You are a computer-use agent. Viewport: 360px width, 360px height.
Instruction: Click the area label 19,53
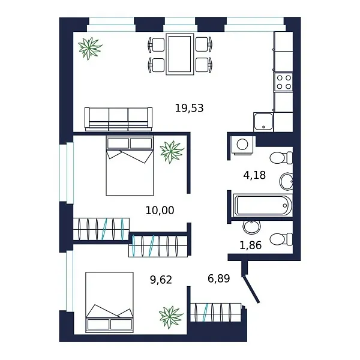189,109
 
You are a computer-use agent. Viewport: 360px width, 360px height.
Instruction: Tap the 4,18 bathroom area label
254,175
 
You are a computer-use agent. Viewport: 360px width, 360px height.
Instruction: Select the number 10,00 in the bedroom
160,211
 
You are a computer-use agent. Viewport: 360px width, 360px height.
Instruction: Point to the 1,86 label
251,245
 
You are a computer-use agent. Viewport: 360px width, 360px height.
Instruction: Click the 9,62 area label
161,279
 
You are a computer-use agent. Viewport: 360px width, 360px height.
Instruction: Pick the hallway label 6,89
219,279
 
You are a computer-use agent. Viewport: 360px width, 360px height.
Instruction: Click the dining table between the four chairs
180,54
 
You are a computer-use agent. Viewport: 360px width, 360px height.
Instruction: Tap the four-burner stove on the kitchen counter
283,82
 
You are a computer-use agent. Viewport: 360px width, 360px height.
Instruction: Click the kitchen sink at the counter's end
263,122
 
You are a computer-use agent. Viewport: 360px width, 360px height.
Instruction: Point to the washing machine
244,145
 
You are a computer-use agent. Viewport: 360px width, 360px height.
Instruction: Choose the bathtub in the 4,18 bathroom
263,205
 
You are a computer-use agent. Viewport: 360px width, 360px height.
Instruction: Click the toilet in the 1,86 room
280,239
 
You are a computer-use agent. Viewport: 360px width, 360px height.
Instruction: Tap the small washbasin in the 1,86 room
251,227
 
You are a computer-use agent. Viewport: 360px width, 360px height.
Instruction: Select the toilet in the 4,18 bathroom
280,158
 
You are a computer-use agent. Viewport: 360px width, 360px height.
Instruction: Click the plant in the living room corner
89,48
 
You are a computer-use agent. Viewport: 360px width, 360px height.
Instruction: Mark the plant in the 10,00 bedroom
172,151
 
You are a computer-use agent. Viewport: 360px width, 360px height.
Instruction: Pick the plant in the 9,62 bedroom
171,316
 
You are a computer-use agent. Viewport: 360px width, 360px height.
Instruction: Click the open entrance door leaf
251,287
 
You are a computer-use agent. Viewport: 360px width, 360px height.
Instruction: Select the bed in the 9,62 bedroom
109,302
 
